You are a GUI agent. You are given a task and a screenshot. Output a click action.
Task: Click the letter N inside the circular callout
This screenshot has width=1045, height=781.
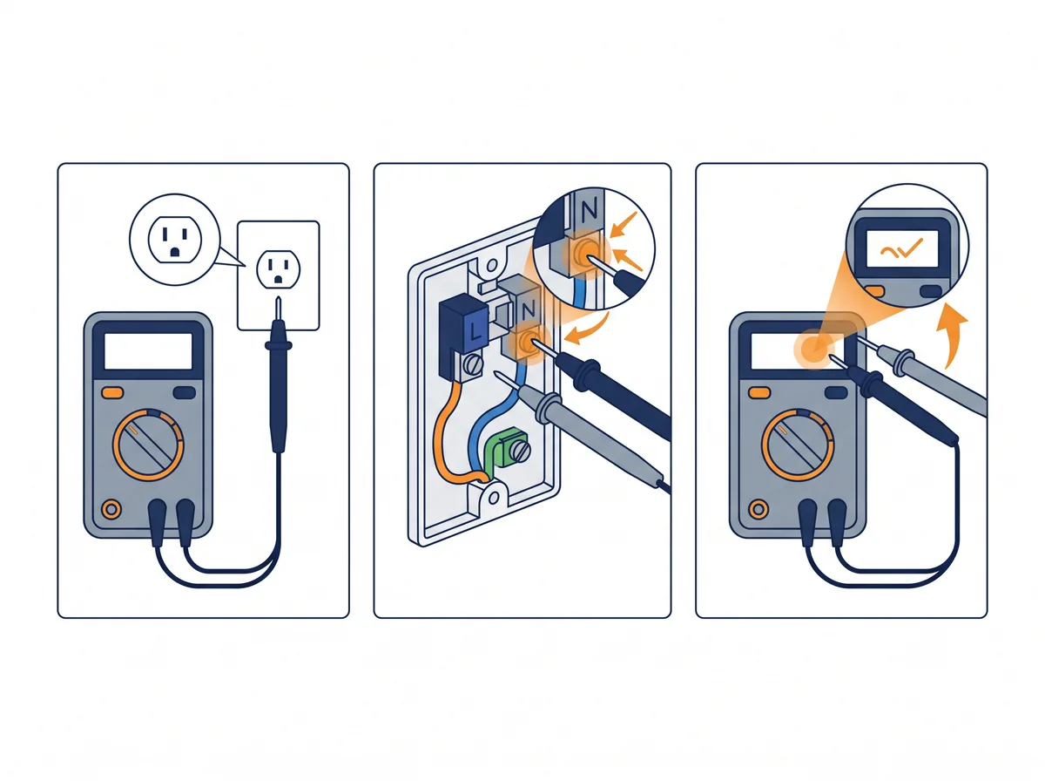589,209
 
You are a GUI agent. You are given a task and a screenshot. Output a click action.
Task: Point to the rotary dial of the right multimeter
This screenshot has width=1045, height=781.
797,445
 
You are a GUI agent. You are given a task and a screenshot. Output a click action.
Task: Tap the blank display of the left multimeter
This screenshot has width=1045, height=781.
148,351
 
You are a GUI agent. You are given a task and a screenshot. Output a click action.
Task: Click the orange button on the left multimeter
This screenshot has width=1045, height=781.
112,392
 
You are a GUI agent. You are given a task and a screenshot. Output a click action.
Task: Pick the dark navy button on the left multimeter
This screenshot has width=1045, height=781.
185,392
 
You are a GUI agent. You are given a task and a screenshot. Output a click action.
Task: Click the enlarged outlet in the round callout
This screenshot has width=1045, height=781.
175,240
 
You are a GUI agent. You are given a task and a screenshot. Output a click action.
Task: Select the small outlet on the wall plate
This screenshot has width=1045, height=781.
279,268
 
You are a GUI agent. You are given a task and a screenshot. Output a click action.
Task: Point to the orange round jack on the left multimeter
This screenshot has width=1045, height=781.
111,509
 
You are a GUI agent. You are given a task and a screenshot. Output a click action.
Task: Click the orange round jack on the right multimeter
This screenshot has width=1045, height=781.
758,509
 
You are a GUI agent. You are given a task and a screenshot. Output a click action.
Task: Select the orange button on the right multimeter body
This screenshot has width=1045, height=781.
760,392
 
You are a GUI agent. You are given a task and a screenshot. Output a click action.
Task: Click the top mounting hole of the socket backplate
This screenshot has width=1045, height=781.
491,265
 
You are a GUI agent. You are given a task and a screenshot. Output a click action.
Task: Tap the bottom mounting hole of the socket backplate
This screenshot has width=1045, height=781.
494,499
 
